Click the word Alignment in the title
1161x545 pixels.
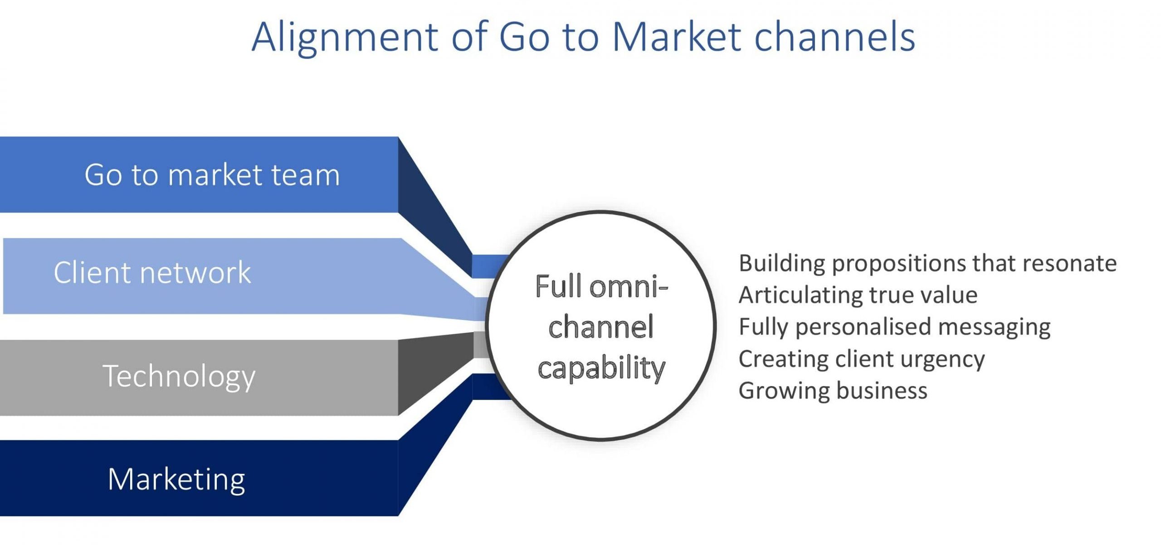point(345,37)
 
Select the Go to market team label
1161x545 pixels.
point(212,174)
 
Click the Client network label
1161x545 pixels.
point(152,273)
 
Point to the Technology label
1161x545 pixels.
point(179,376)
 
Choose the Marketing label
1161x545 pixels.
point(176,479)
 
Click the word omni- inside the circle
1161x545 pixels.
point(629,287)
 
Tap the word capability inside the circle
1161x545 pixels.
point(601,368)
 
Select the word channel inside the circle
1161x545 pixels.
point(601,327)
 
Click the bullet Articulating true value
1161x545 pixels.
point(858,295)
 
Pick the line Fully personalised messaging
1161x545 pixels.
point(894,327)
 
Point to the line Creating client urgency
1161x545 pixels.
point(861,359)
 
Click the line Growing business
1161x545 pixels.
point(833,391)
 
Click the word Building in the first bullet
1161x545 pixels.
point(781,263)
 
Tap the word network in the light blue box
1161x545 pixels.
point(195,273)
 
